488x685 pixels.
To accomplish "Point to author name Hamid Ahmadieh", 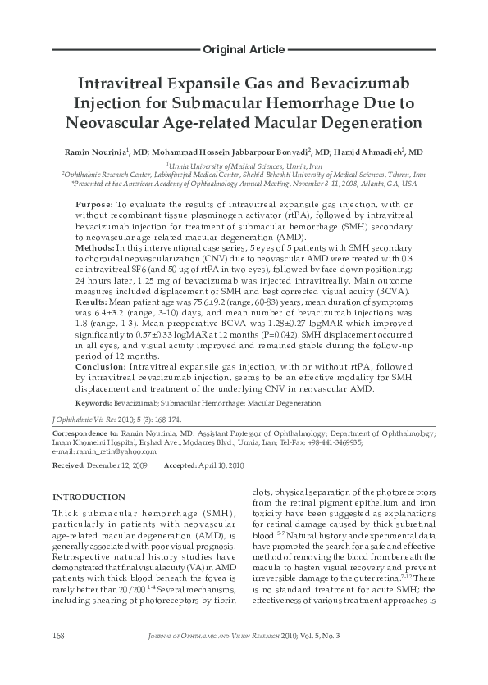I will coord(378,152).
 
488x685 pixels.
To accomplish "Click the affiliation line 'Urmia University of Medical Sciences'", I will coord(244,166).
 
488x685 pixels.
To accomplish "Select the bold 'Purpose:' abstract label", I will coord(93,203).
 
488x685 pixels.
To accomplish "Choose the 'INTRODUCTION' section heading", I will coord(89,497).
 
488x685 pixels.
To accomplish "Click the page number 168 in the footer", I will coord(58,660).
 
